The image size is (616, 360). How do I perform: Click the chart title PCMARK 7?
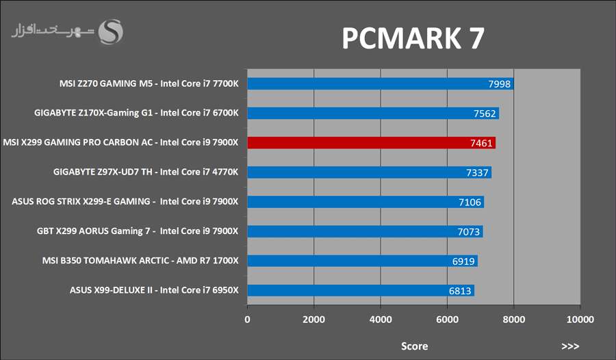pyautogui.click(x=413, y=39)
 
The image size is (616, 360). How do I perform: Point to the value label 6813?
pyautogui.click(x=460, y=291)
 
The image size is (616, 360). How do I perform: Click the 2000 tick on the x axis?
pyautogui.click(x=313, y=320)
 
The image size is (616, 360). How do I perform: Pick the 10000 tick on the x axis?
pyautogui.click(x=580, y=320)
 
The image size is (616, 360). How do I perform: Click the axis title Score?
pyautogui.click(x=414, y=346)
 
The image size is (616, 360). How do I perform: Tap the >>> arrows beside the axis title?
pyautogui.click(x=570, y=346)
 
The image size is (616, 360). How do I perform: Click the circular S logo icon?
pyautogui.click(x=111, y=31)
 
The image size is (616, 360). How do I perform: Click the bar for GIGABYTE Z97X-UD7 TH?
pyautogui.click(x=369, y=172)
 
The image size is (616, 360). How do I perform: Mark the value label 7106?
pyautogui.click(x=470, y=202)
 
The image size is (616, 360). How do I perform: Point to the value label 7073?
pyautogui.click(x=469, y=231)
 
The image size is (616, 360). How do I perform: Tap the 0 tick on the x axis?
pyautogui.click(x=247, y=320)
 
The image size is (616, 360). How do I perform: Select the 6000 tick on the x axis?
pyautogui.click(x=447, y=320)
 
